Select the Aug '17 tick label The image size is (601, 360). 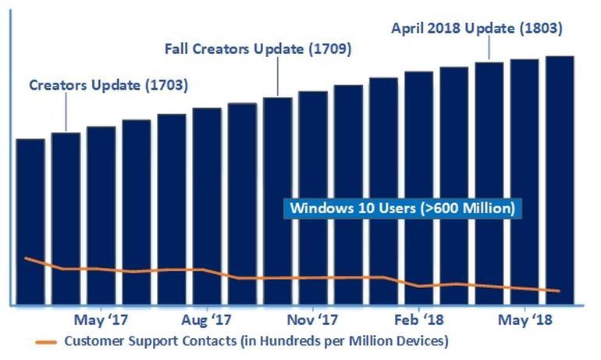(206, 320)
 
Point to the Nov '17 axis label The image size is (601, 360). (311, 320)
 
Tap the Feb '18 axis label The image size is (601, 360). (418, 320)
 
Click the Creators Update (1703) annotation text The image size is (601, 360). (108, 85)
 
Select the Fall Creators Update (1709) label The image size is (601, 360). (258, 48)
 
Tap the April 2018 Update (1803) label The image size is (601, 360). (476, 28)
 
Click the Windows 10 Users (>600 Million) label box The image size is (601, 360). (402, 209)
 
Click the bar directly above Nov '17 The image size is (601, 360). (312, 195)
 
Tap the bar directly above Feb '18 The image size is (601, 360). (418, 187)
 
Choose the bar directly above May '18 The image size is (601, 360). (525, 180)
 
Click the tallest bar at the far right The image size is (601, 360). (560, 180)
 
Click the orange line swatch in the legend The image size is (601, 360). (47, 341)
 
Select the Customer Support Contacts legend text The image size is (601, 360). (256, 341)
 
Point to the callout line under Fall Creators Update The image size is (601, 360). (278, 78)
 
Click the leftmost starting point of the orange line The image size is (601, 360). (26, 258)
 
